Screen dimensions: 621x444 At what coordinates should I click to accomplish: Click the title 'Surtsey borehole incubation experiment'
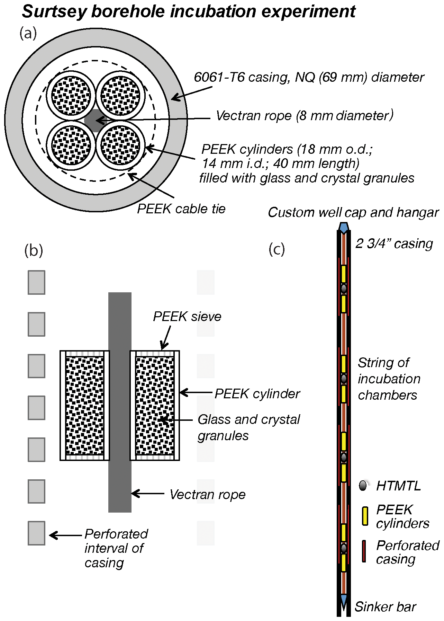coord(189,12)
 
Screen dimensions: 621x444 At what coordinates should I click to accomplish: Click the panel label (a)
coord(28,34)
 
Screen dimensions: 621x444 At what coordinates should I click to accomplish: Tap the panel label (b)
coord(34,250)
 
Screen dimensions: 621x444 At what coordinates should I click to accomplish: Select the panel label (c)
coord(277,249)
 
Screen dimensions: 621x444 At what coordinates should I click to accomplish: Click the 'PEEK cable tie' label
coord(181,209)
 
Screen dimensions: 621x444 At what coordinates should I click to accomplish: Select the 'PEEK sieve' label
coord(187,317)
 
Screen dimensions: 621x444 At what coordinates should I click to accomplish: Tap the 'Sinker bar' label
coord(385,607)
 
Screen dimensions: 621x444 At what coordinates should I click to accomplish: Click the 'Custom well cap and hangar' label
coord(353,212)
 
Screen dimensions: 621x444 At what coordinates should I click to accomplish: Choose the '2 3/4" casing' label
coord(394,243)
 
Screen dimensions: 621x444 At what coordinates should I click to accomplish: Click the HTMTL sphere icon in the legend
coord(363,486)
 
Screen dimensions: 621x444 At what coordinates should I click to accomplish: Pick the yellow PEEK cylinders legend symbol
coord(365,516)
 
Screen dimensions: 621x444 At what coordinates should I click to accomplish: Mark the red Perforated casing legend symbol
coord(364,551)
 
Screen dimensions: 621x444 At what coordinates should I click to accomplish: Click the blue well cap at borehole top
coord(343,228)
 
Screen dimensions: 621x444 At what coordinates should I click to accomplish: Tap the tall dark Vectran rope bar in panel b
coord(120,402)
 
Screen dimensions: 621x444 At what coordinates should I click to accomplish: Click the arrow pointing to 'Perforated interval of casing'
coord(66,535)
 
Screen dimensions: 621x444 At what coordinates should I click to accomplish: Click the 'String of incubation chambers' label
coord(388,379)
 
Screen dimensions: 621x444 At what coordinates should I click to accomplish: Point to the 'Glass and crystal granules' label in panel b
coord(248,427)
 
